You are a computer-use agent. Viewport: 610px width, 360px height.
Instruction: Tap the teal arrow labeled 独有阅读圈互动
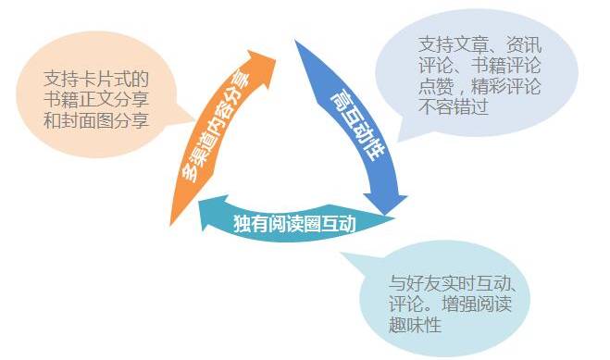pos(296,221)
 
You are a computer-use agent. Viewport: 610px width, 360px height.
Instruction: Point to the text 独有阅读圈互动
pos(294,223)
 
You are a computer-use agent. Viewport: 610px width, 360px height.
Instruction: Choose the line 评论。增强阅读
pos(446,304)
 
